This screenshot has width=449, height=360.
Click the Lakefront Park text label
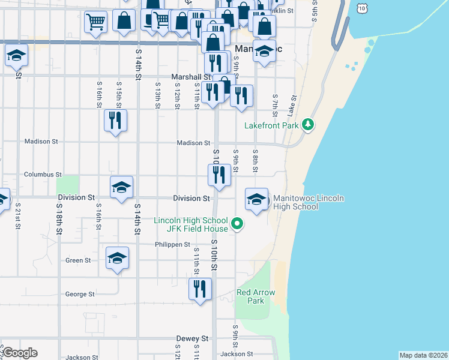271,125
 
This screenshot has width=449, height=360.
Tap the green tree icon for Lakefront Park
309,125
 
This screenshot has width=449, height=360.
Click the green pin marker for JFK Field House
237,224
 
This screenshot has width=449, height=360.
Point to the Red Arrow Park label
256,296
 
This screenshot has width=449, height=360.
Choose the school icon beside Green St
117,259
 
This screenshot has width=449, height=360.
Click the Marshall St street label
191,77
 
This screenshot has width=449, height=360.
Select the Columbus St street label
43,175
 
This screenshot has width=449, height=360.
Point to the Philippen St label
172,245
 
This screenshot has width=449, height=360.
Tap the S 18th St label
59,219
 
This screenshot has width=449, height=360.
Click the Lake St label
292,106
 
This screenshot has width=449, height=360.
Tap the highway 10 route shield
360,7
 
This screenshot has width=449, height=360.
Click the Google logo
19,353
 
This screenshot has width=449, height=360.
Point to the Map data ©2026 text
423,355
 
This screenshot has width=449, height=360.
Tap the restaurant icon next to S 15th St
114,120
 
